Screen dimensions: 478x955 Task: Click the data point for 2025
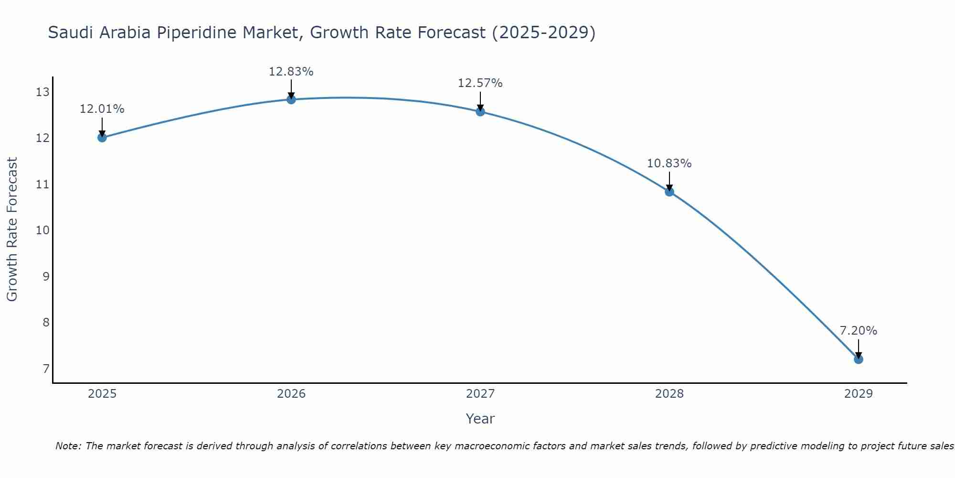102,138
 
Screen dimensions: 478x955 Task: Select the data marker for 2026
291,99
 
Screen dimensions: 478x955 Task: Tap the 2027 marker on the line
480,112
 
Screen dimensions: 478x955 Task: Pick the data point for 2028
669,192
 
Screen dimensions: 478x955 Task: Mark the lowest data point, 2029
858,359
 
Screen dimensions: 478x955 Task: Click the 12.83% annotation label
291,72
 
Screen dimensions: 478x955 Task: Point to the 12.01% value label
102,109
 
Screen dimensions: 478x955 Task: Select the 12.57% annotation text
480,83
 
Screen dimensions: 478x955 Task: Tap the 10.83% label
669,163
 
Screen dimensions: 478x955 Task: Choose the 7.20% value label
858,331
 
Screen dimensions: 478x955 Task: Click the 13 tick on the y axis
42,92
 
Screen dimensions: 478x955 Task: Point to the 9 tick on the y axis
46,276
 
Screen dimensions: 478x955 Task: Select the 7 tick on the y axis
46,369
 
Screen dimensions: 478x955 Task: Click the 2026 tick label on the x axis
291,394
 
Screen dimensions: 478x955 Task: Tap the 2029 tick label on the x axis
858,394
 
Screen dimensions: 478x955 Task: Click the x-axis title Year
480,419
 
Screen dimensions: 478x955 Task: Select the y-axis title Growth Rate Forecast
12,229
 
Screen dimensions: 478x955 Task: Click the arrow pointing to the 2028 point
669,182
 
